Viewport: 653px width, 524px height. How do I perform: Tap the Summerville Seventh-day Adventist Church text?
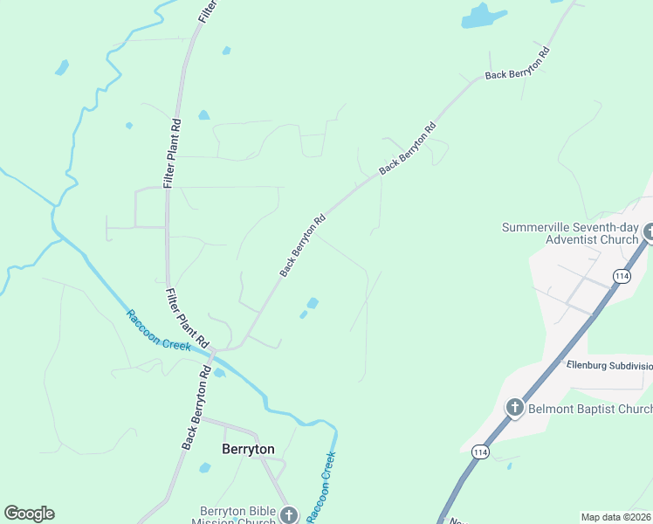pyautogui.click(x=571, y=233)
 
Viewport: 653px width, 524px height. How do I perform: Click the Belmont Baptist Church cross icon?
pyautogui.click(x=515, y=408)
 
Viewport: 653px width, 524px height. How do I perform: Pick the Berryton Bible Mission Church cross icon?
pyautogui.click(x=290, y=515)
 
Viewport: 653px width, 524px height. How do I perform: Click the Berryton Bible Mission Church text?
pyautogui.click(x=237, y=515)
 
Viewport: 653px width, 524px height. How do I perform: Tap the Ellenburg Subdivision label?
pyautogui.click(x=609, y=366)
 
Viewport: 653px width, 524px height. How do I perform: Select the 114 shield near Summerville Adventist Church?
pyautogui.click(x=622, y=276)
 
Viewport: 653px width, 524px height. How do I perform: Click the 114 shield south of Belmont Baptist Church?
pyautogui.click(x=479, y=451)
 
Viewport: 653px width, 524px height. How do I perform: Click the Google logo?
pyautogui.click(x=29, y=514)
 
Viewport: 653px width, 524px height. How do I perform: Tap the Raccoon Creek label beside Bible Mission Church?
pyautogui.click(x=320, y=486)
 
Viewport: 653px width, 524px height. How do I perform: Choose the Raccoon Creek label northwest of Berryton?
pyautogui.click(x=158, y=330)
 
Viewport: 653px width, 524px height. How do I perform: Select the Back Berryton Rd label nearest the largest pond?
pyautogui.click(x=518, y=64)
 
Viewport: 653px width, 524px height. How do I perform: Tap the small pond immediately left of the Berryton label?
pyautogui.click(x=205, y=468)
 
